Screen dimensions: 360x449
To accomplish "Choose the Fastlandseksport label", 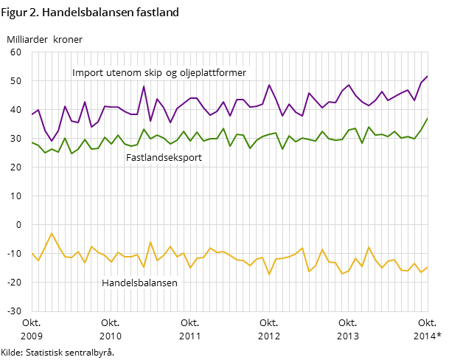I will (164, 157).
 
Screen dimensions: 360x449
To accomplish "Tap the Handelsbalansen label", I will (139, 283).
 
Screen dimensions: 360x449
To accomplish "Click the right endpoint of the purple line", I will (428, 76).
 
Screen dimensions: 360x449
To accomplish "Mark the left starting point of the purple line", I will (32, 115).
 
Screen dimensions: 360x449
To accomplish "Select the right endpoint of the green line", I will (428, 118).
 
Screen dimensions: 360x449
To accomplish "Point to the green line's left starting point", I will (32, 142).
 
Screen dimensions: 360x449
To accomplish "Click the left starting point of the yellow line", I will (32, 253).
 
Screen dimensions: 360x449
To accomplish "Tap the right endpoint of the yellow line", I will (428, 267).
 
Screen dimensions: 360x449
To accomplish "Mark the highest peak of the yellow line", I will (52, 233).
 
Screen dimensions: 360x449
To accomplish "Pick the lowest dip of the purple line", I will (52, 141).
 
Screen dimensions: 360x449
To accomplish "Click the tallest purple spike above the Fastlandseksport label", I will (144, 86).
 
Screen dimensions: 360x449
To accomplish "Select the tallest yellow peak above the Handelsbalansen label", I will (150, 242).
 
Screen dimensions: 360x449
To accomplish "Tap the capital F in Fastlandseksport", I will (129, 157).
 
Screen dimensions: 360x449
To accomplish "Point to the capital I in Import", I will (74, 73).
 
